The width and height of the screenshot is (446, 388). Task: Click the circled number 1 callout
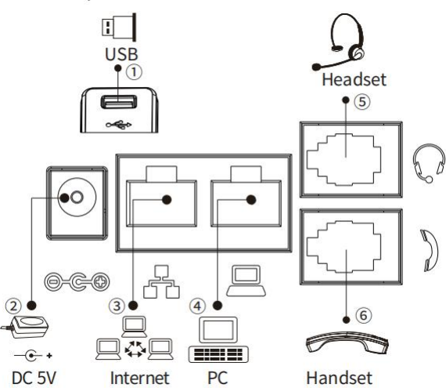point(134,72)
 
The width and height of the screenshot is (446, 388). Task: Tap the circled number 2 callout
point(13,306)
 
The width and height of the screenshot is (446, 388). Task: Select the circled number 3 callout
point(117,306)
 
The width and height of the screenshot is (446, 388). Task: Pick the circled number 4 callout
point(197,306)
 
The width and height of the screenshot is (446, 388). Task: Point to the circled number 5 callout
point(362,102)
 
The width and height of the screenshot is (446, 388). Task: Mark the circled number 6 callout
point(363,315)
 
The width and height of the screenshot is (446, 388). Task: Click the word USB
point(121,54)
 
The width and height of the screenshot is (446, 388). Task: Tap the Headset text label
point(354,79)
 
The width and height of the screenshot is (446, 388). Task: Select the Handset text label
point(340,378)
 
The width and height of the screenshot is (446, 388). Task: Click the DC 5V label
point(34,378)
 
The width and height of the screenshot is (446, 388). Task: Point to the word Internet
point(139,378)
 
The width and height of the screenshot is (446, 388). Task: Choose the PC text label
point(218,378)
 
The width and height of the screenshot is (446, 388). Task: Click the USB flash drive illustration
point(119,27)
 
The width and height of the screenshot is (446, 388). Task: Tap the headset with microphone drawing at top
point(339,42)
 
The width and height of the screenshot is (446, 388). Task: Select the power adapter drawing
point(25,327)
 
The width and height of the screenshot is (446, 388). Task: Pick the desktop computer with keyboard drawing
point(218,339)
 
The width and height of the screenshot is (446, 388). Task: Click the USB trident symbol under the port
point(119,125)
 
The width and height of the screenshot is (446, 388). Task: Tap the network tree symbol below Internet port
point(161,281)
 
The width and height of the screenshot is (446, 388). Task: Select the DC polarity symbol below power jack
point(77,282)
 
